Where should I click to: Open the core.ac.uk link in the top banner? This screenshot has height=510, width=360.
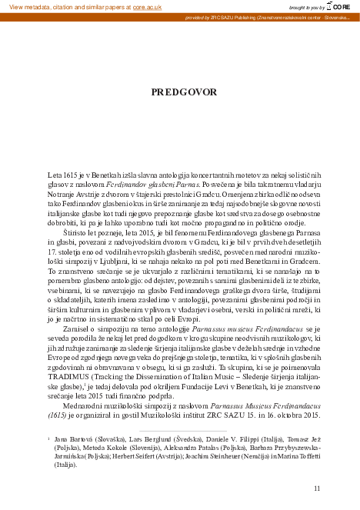[x=148, y=6]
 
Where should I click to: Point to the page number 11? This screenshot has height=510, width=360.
[x=317, y=488]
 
